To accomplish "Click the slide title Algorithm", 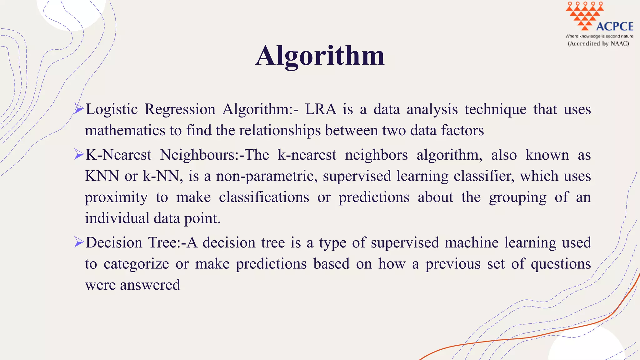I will pos(320,56).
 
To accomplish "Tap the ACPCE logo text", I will pos(615,27).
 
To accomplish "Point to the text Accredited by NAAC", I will pos(598,44).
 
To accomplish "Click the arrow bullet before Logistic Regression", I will pos(79,109).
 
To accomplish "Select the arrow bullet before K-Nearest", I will pos(79,154).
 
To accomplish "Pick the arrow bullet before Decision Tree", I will pos(79,242).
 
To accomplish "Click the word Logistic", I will pos(112,109).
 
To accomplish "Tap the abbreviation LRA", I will pos(321,109).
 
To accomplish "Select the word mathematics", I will pos(125,130).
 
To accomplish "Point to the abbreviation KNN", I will pos(102,176).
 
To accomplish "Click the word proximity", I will pos(116,197).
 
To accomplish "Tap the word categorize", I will pos(136,264).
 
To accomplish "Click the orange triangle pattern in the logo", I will pos(584,15).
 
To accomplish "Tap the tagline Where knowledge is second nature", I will pos(599,36).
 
